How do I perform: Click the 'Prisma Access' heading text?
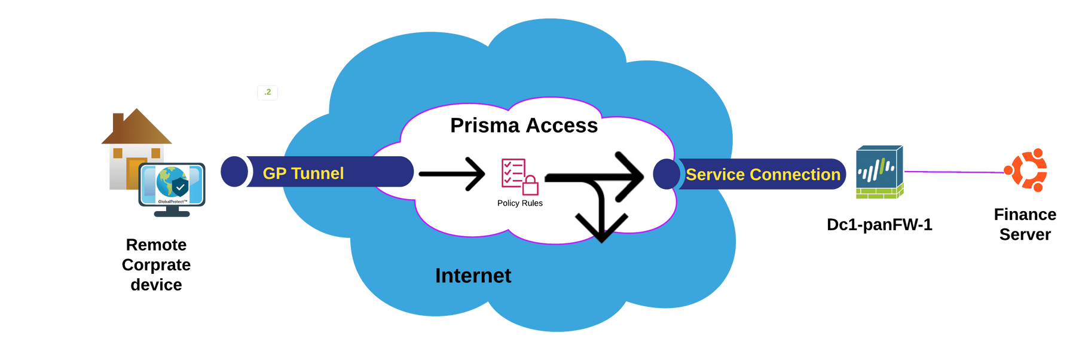pyautogui.click(x=524, y=126)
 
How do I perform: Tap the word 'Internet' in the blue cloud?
pyautogui.click(x=473, y=276)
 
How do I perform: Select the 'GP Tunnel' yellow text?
pyautogui.click(x=303, y=173)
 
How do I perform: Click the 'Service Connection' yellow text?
pyautogui.click(x=763, y=175)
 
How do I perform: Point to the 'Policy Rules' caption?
pyautogui.click(x=520, y=203)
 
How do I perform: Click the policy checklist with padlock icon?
pyautogui.click(x=520, y=177)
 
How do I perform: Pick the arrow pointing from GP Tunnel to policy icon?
pyautogui.click(x=452, y=174)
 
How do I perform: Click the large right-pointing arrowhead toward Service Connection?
pyautogui.click(x=629, y=176)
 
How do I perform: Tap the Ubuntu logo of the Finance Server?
pyautogui.click(x=1026, y=170)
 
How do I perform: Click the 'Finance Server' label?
pyautogui.click(x=1025, y=224)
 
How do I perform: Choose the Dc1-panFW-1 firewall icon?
pyautogui.click(x=879, y=172)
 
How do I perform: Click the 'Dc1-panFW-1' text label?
pyautogui.click(x=879, y=225)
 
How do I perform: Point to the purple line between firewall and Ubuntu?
pyautogui.click(x=954, y=172)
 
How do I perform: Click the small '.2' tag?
pyautogui.click(x=268, y=92)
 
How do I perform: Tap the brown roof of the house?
pyautogui.click(x=137, y=126)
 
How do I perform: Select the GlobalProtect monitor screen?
pyautogui.click(x=172, y=185)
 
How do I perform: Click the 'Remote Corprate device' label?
pyautogui.click(x=156, y=265)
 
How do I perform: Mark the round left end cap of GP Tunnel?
pyautogui.click(x=234, y=172)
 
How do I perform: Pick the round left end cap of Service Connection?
pyautogui.click(x=667, y=174)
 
